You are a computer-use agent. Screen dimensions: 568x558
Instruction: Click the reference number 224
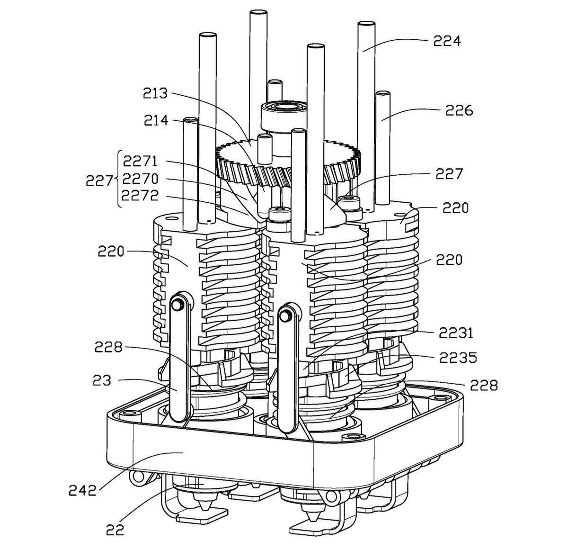446,41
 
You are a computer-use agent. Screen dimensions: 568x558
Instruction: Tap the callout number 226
459,110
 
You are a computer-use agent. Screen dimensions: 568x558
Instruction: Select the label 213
155,93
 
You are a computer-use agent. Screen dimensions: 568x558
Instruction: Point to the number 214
156,120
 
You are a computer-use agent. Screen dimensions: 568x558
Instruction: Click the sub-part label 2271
140,161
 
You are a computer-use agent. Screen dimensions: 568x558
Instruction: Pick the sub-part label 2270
140,179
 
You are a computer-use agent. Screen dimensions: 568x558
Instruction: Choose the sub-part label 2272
140,195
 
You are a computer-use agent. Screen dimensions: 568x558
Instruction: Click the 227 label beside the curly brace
99,180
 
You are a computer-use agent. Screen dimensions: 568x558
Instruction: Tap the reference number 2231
456,333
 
